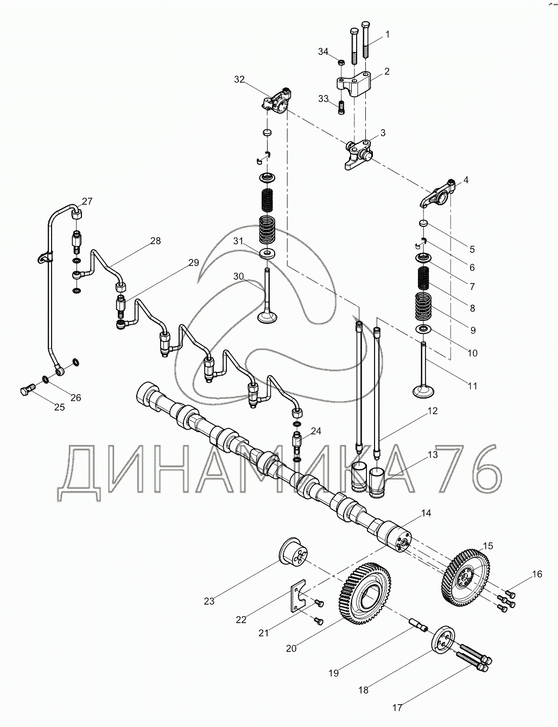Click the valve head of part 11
(425, 391)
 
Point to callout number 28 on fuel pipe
(156, 241)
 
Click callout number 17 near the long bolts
(397, 707)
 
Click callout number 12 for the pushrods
(432, 412)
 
